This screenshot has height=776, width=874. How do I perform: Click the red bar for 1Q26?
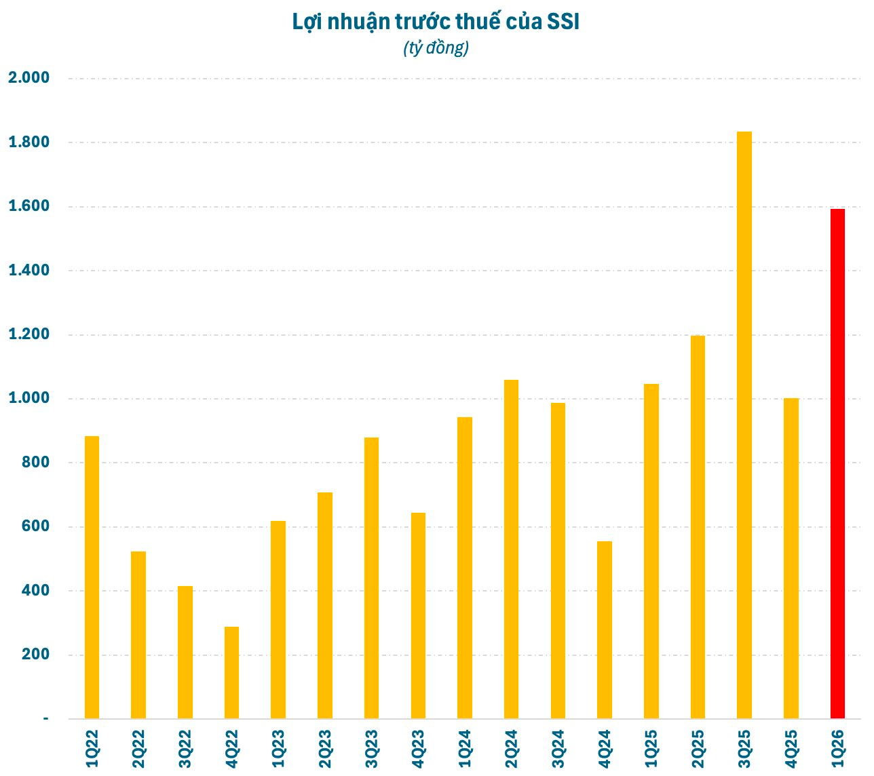(837, 464)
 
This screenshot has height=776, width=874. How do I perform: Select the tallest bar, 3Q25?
(744, 425)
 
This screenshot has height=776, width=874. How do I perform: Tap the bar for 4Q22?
(231, 672)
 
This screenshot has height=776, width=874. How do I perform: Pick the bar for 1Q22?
(92, 577)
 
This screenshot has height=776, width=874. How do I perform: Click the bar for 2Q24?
(511, 549)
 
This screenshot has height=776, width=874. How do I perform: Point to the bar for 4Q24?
(605, 629)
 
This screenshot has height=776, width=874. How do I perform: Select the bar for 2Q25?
(698, 527)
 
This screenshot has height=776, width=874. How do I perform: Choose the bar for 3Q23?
(371, 578)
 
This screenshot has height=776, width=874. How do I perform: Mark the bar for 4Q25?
(791, 558)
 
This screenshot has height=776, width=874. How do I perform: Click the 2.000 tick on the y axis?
(28, 78)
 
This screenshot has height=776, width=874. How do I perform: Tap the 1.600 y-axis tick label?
(28, 206)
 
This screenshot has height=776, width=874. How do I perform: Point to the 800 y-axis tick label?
(37, 463)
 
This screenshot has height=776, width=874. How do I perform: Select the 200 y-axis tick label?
(37, 655)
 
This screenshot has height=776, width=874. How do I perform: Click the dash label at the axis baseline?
(46, 718)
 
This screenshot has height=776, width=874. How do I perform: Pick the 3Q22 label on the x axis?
(185, 749)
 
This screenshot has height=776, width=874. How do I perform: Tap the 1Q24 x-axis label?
(465, 749)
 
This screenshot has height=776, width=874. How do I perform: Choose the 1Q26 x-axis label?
(838, 749)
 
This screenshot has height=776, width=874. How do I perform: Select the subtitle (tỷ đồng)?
(436, 48)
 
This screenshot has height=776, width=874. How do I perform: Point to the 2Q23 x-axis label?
(325, 749)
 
